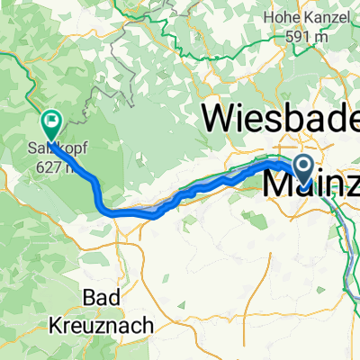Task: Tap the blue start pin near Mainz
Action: (302, 167)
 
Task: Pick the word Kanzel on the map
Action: (328, 14)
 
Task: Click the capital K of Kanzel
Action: (310, 14)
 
